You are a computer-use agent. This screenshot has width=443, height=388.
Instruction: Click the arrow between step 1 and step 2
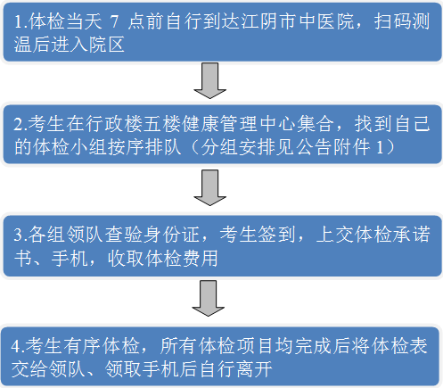coord(210,80)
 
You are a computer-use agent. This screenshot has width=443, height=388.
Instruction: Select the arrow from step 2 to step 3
coord(210,187)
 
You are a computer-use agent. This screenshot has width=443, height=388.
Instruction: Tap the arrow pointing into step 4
coord(209,298)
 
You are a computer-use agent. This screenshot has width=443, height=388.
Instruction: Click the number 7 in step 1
coord(114,21)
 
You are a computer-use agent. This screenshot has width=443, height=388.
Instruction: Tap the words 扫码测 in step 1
coord(402,21)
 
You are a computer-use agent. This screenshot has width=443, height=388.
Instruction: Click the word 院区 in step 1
coord(106,45)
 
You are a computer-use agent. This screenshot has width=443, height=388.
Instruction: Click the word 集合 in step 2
coord(316,124)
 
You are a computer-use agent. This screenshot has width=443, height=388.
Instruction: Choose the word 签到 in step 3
coord(277,235)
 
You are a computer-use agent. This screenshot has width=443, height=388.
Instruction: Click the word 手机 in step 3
coord(70,258)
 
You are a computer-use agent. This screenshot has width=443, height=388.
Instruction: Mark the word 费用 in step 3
coord(200,258)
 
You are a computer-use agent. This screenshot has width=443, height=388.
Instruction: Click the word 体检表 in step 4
coord(399,345)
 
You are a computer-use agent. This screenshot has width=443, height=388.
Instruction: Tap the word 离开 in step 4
coord(254,369)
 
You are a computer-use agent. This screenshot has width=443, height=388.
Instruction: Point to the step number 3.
coord(18,235)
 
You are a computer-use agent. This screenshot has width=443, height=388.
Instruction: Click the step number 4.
coord(15,346)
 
